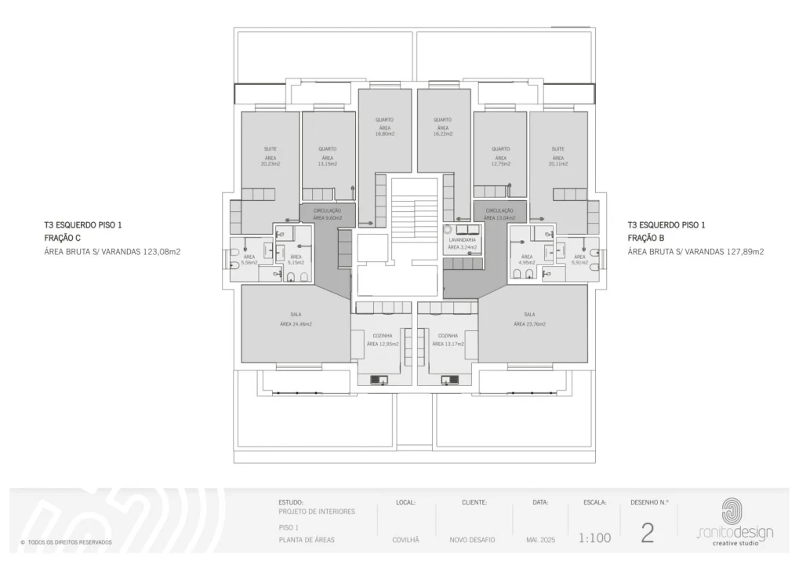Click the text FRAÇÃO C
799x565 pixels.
coord(62,238)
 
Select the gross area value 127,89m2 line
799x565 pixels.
coord(695,252)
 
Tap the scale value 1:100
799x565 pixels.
coord(594,538)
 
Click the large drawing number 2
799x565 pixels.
coord(648,534)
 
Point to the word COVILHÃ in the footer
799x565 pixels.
coord(405,540)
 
